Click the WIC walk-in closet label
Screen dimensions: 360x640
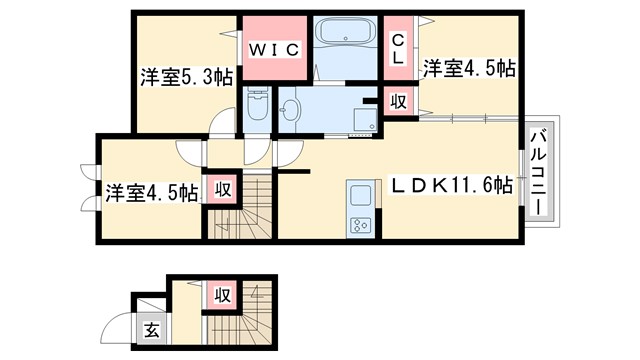pos(273,47)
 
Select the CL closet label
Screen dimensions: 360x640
pos(397,47)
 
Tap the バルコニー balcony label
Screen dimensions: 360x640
pos(537,170)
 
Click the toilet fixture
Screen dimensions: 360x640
pos(257,107)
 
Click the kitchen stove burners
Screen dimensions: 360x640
pos(359,223)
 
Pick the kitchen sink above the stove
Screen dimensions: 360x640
pos(359,193)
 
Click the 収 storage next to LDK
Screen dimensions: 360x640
pos(397,101)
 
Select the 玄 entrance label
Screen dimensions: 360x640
pos(150,331)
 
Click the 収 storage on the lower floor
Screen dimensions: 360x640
pos(221,295)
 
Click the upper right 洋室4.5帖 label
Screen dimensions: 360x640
pos(468,68)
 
